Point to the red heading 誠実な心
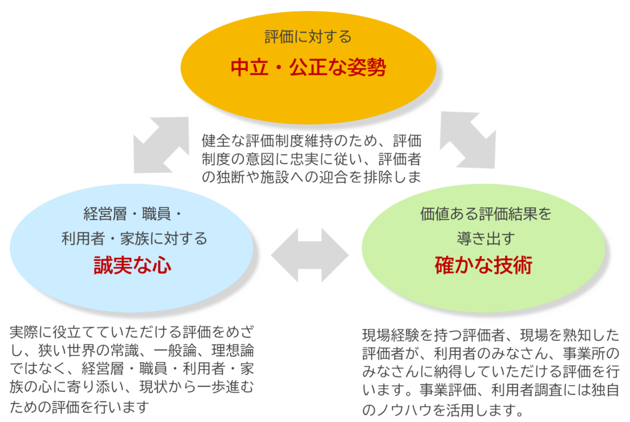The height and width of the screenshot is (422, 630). [132, 265]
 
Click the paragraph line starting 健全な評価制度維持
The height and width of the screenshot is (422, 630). [311, 140]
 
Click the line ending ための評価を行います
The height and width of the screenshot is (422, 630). [80, 407]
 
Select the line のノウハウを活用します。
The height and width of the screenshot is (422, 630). [443, 410]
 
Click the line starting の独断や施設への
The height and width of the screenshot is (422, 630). [311, 178]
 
